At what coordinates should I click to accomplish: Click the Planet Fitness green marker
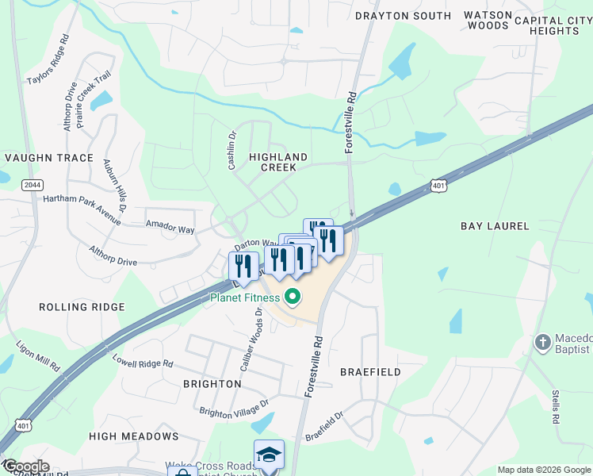click(x=293, y=298)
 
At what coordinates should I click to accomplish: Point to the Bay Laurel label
click(x=495, y=226)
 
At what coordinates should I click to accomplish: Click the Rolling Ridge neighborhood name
click(x=82, y=307)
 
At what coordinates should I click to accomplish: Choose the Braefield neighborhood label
click(x=370, y=371)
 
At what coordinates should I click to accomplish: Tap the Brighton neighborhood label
click(x=212, y=383)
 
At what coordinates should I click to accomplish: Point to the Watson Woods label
click(x=487, y=20)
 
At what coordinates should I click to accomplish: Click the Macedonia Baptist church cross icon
click(x=543, y=343)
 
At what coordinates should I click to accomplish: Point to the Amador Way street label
click(x=170, y=226)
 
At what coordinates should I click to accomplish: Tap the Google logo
click(x=26, y=466)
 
